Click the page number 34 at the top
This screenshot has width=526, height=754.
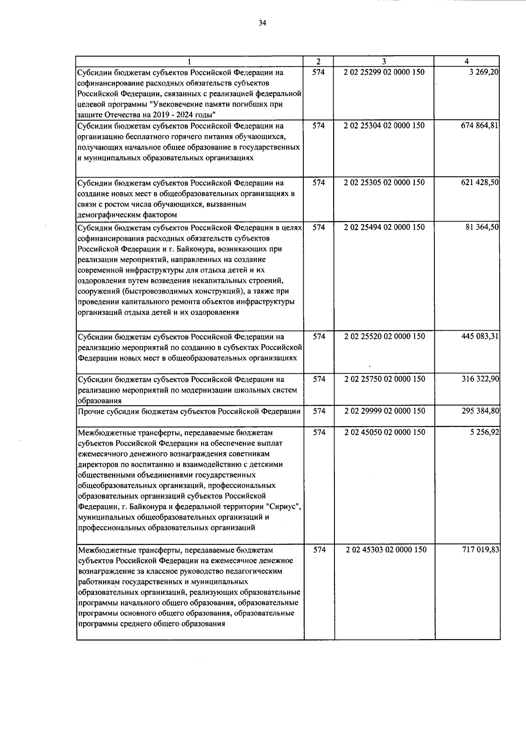(x=263, y=23)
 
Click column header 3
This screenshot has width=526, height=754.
(x=384, y=61)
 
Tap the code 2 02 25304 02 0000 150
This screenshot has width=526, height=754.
(x=384, y=125)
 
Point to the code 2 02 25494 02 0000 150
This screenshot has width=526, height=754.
(x=384, y=227)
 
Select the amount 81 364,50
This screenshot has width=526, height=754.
(x=482, y=227)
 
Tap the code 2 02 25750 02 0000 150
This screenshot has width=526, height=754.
(x=384, y=379)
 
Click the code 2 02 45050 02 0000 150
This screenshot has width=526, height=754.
(x=384, y=432)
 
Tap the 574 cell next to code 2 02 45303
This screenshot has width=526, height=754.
(x=319, y=550)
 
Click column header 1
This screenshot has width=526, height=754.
(x=189, y=61)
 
